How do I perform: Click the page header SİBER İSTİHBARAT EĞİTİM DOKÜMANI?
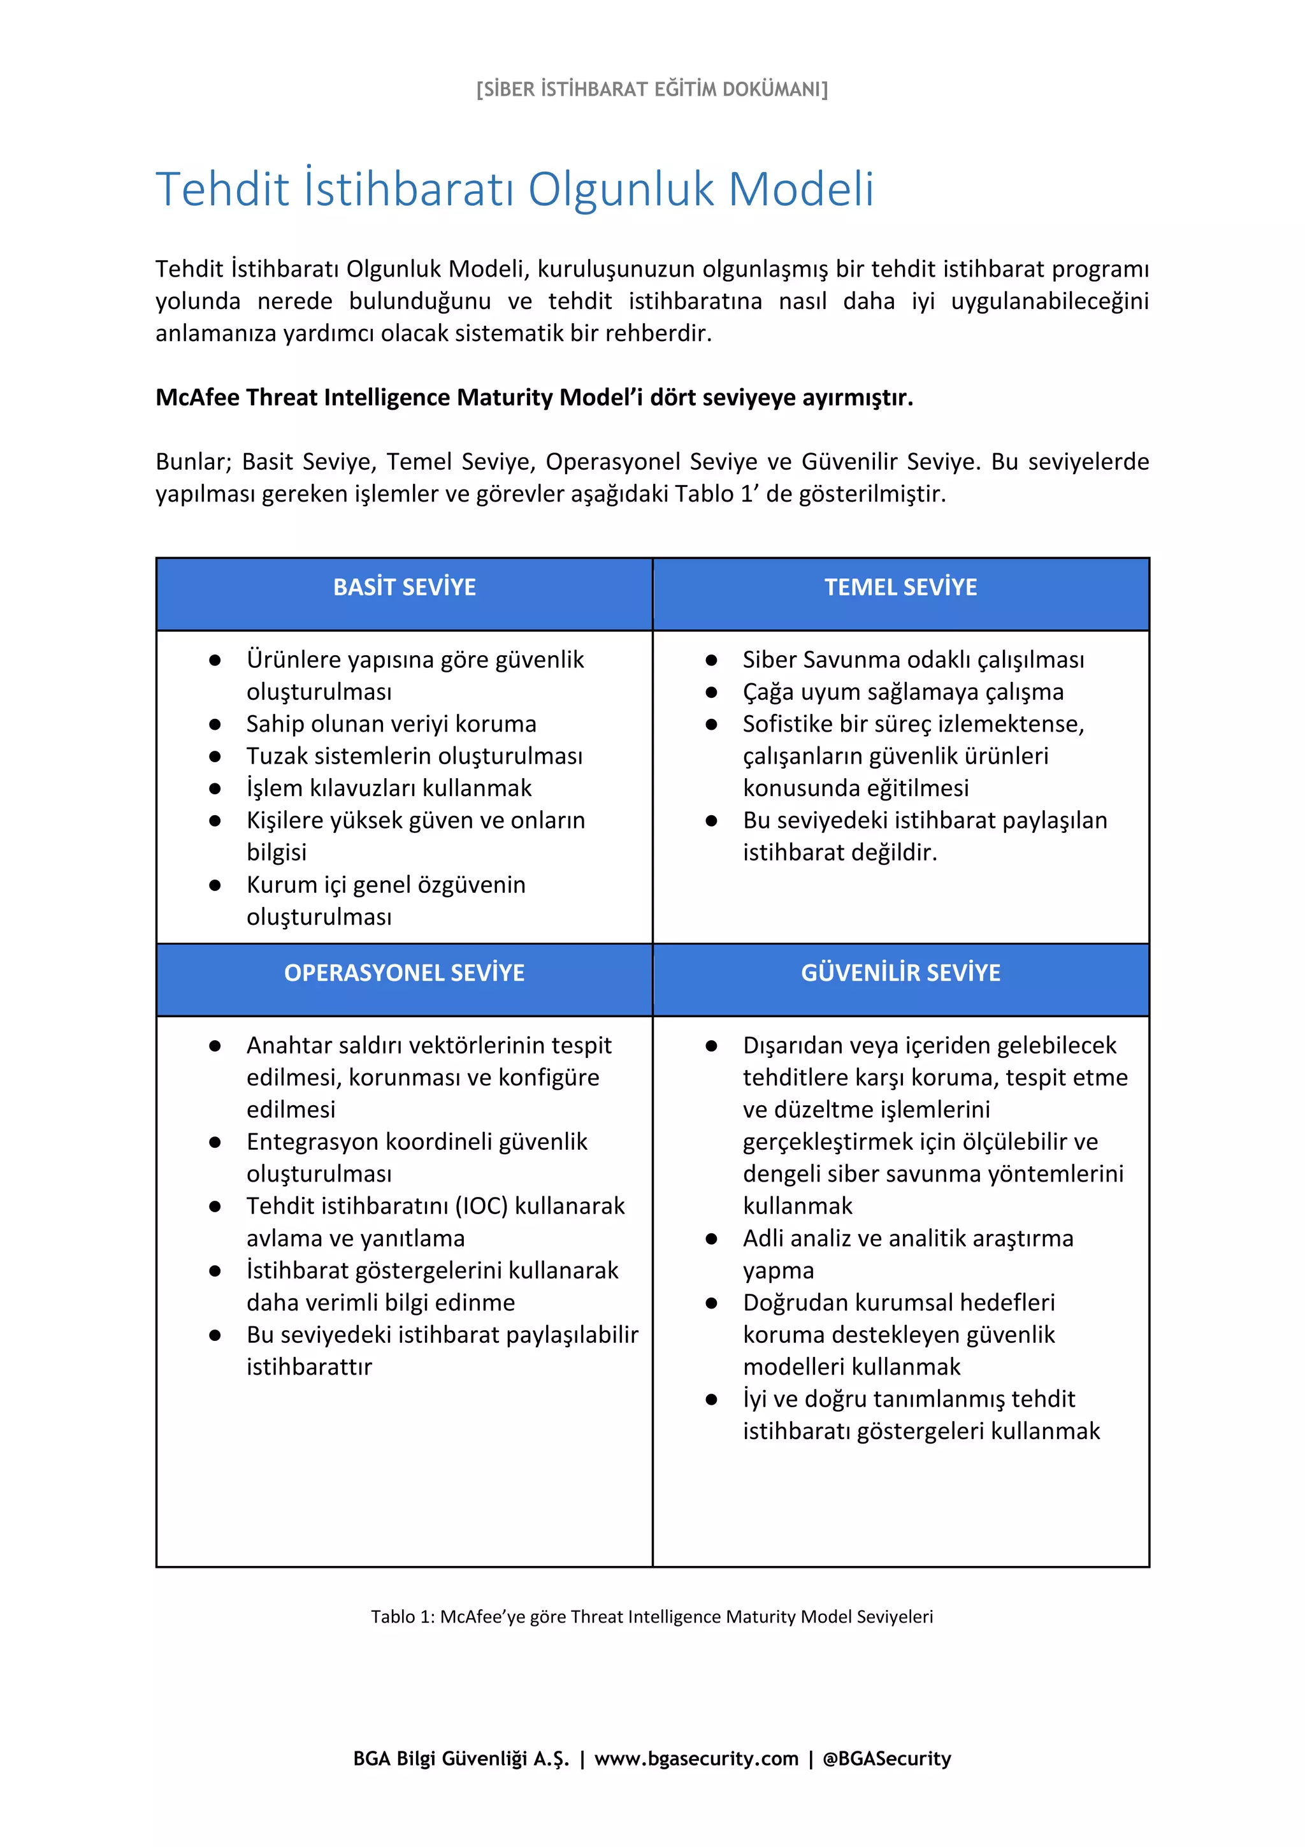point(651,89)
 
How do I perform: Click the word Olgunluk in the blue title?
point(621,190)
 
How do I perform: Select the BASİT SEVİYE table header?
point(405,587)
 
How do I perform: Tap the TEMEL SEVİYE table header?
point(900,587)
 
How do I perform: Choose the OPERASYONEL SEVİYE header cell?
point(405,973)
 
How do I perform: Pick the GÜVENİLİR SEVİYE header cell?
point(900,973)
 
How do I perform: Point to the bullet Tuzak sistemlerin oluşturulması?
point(414,756)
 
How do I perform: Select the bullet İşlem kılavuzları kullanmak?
point(389,788)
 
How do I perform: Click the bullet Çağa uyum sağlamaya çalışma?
point(903,692)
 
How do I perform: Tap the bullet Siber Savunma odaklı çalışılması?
point(913,660)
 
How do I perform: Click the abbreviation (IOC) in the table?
point(482,1206)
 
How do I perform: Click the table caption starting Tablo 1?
point(651,1617)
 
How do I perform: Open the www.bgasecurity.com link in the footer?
point(696,1758)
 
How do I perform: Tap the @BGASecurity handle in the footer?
point(887,1758)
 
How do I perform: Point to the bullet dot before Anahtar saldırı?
point(215,1046)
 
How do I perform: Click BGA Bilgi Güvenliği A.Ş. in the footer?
point(461,1758)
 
